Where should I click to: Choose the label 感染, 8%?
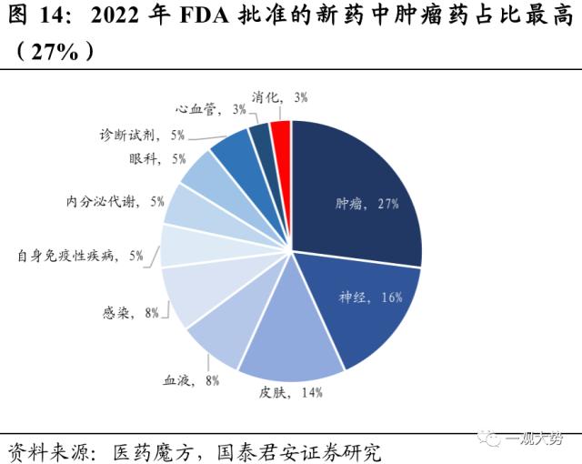(x=131, y=312)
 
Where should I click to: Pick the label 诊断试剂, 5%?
(x=143, y=135)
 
